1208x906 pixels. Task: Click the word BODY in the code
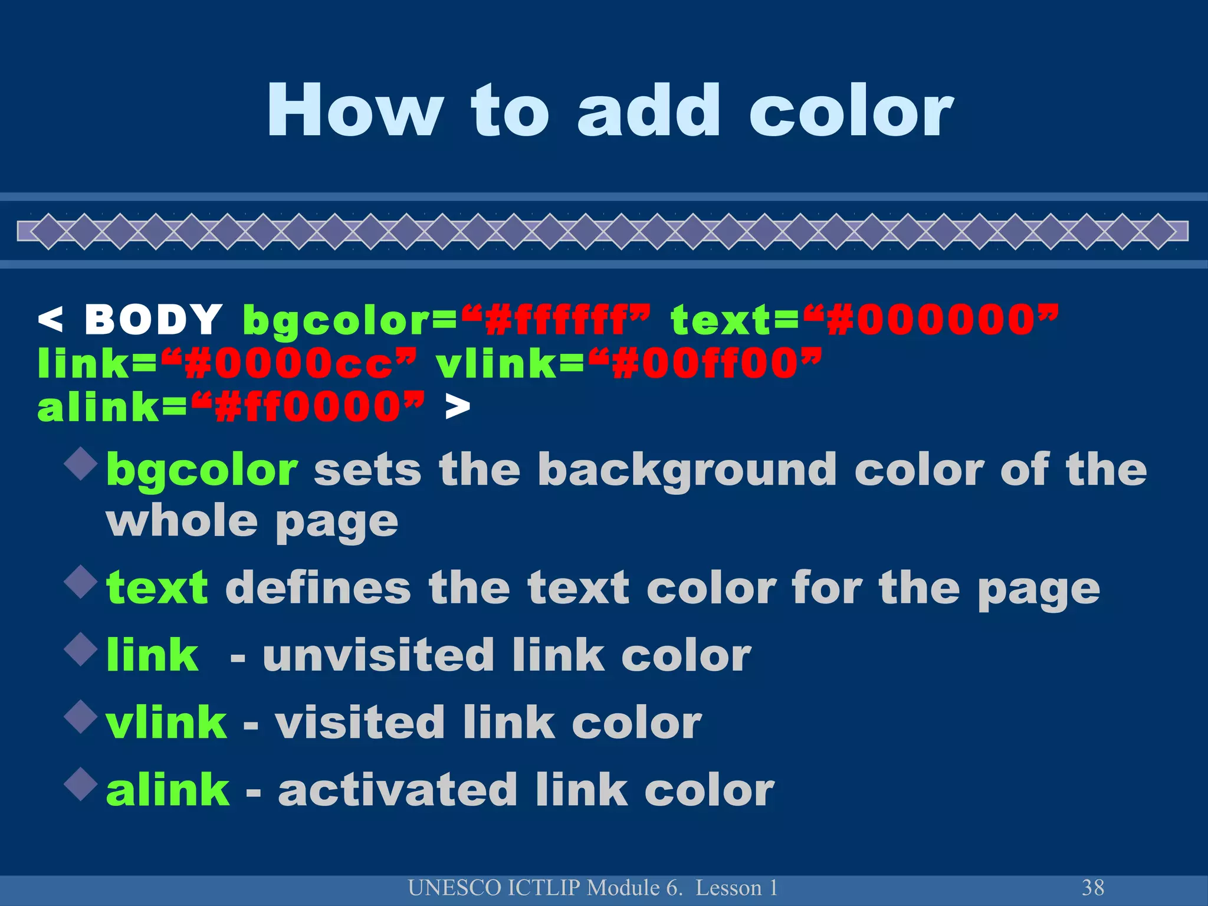click(x=153, y=320)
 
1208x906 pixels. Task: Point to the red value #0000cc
click(x=288, y=364)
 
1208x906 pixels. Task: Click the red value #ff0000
click(x=307, y=407)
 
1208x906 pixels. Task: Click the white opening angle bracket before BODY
click(x=50, y=320)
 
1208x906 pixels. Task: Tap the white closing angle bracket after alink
click(x=458, y=407)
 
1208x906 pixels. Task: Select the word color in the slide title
click(x=851, y=111)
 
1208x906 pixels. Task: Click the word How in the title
click(x=354, y=111)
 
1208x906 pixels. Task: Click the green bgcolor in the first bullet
click(x=202, y=471)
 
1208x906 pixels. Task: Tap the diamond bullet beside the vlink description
click(x=81, y=717)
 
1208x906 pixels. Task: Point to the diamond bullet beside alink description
click(x=81, y=784)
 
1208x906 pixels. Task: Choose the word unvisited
click(x=377, y=655)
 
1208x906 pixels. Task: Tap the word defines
click(x=318, y=588)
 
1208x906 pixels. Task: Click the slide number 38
click(x=1092, y=888)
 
